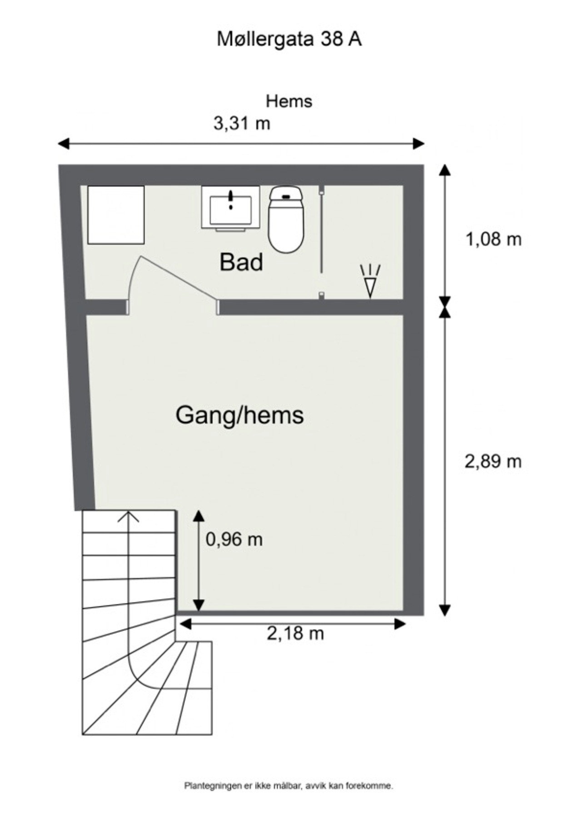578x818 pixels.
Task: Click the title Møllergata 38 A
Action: (289, 40)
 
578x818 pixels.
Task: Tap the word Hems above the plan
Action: (289, 101)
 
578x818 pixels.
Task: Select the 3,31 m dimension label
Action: (242, 123)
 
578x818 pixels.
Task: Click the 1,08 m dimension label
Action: (493, 239)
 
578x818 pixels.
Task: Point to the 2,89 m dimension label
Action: (493, 462)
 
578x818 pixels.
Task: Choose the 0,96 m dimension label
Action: (234, 539)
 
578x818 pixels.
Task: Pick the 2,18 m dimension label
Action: (295, 633)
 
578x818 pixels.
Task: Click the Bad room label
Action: (241, 263)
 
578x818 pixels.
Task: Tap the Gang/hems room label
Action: (239, 415)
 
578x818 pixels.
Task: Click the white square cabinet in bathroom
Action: (116, 214)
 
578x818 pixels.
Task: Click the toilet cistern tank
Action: (286, 195)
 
